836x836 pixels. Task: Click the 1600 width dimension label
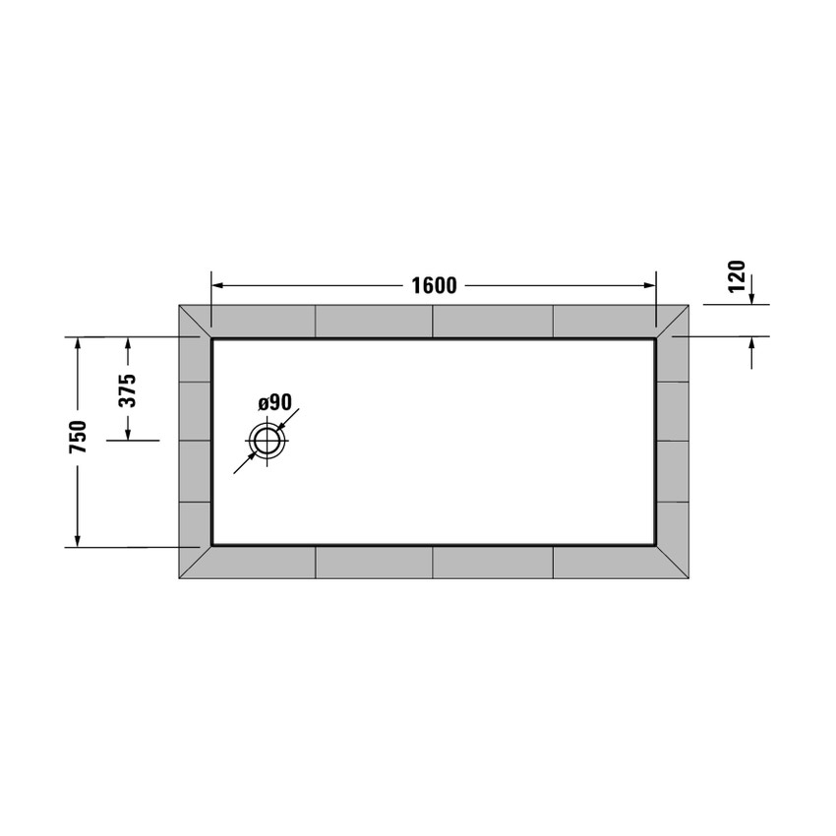[434, 285]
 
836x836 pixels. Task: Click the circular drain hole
[267, 442]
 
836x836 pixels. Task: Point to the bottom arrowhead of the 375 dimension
[127, 434]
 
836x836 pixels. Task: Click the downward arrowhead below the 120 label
[751, 298]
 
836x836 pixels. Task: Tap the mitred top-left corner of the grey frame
[195, 321]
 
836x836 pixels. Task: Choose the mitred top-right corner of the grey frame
[673, 321]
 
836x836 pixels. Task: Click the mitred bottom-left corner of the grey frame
[195, 563]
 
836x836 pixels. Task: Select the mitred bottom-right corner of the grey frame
[673, 563]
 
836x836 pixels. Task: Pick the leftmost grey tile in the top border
[263, 321]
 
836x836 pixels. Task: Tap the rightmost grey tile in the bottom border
[605, 562]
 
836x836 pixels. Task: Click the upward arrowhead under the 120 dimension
[751, 343]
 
